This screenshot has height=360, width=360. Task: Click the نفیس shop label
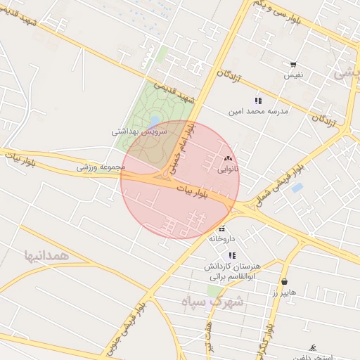click(293, 75)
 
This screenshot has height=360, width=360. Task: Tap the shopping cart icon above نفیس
click(293, 65)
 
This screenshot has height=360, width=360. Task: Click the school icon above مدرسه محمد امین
click(258, 101)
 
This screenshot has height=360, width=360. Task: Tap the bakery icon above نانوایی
click(227, 159)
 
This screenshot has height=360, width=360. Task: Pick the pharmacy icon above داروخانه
click(222, 229)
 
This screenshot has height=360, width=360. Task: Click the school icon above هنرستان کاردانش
click(232, 255)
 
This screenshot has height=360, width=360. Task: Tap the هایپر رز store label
click(285, 292)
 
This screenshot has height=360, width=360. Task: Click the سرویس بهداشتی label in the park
click(140, 131)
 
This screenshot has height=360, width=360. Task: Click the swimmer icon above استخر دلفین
click(313, 347)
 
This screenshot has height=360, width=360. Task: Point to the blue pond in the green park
click(153, 121)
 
